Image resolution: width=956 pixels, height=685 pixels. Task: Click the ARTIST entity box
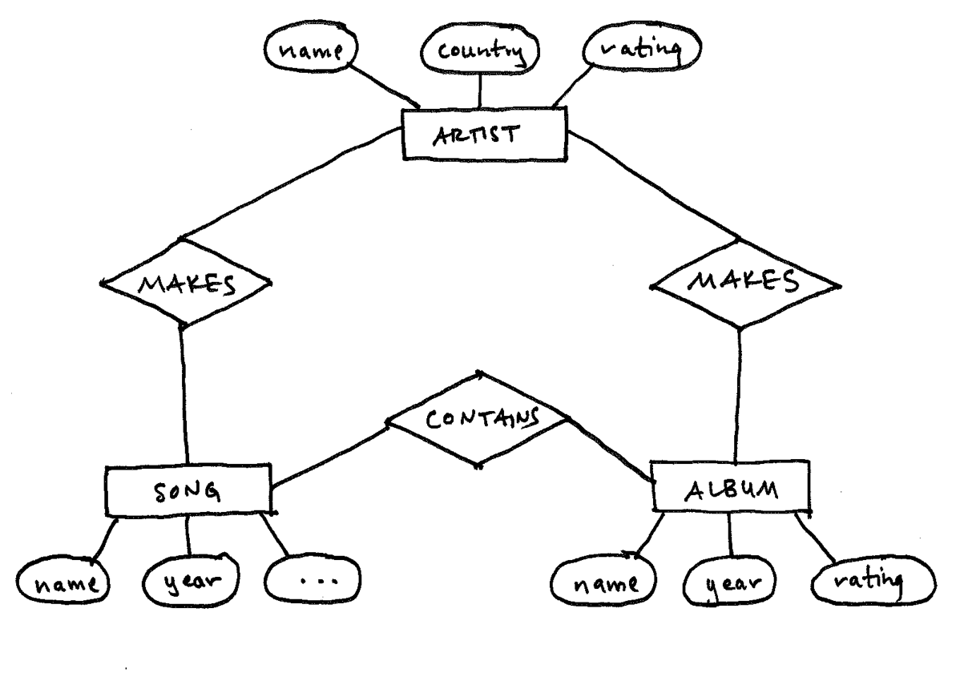(x=484, y=134)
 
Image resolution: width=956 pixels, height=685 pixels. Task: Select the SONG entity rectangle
(x=188, y=490)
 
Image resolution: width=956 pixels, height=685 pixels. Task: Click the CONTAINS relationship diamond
(x=478, y=419)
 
